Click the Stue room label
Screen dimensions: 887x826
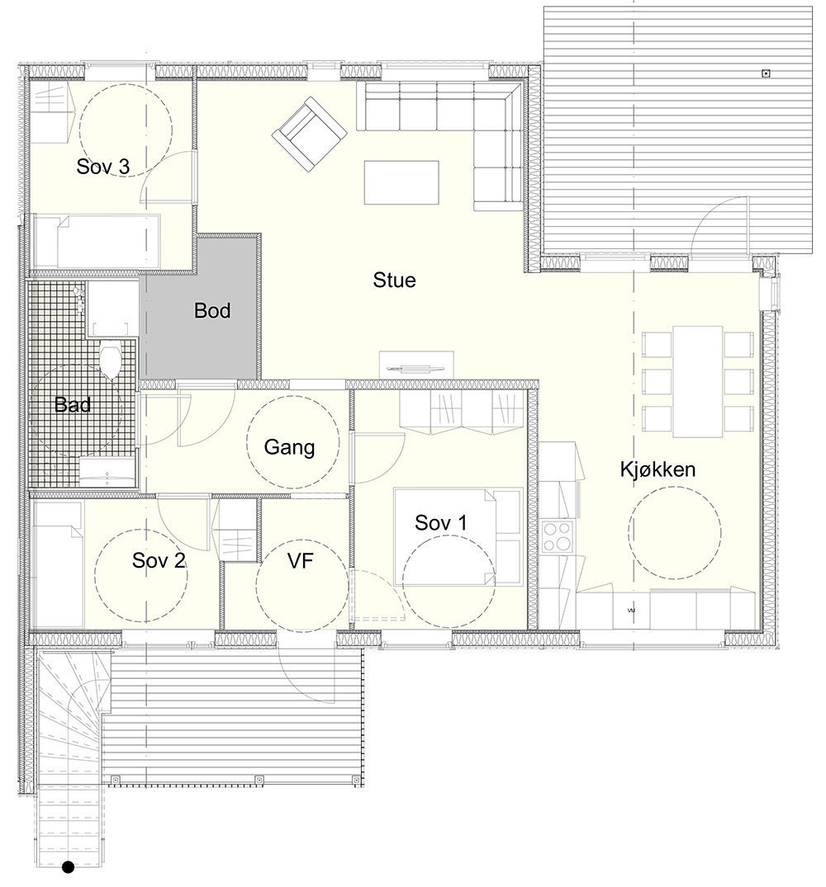[x=394, y=281]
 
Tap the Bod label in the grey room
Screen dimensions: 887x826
[x=212, y=311]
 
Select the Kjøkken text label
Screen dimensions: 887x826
[x=657, y=469]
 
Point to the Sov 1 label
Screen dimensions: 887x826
[x=440, y=522]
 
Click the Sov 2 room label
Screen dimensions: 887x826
[x=159, y=561]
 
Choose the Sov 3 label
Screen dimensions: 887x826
[x=103, y=166]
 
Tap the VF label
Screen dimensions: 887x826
[x=303, y=561]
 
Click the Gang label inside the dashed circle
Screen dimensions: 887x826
[x=289, y=447]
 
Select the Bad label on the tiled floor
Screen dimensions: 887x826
[x=72, y=404]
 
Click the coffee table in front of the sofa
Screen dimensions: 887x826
[x=401, y=182]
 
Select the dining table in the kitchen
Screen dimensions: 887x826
[x=698, y=380]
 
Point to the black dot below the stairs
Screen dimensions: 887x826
[x=69, y=867]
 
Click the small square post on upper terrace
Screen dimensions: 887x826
[x=766, y=73]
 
